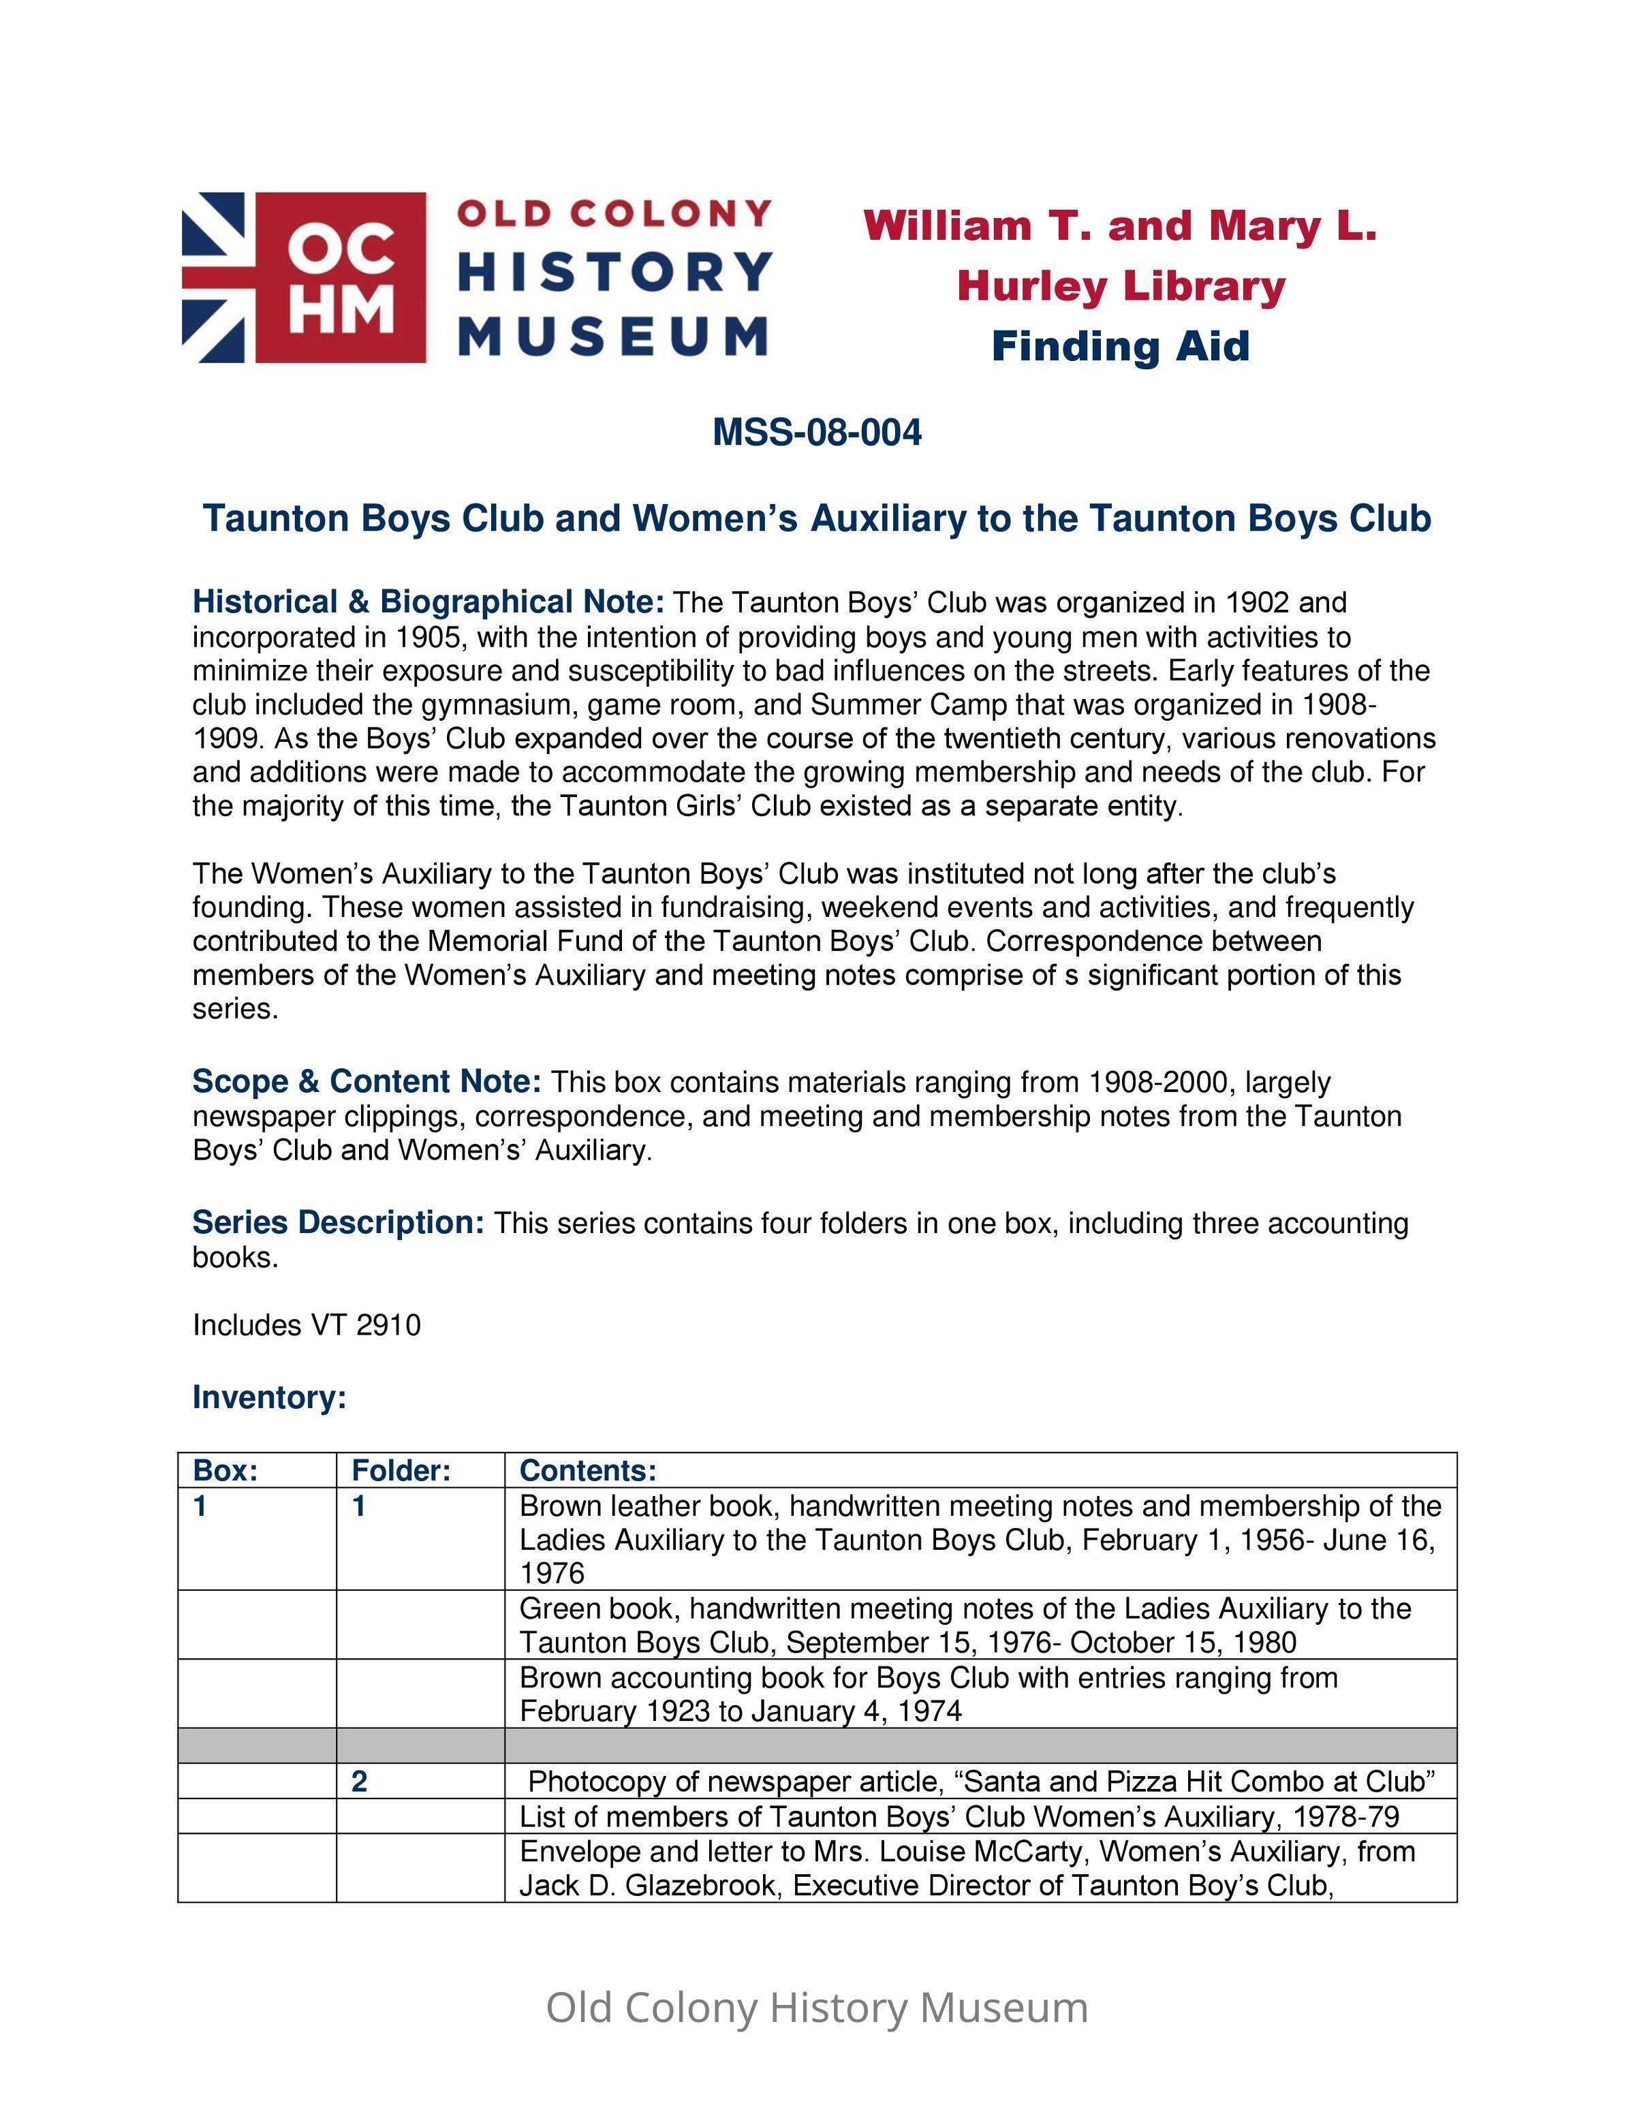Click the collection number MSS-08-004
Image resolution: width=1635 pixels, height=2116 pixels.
pos(817,432)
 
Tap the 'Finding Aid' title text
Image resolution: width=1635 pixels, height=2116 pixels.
pos(1120,347)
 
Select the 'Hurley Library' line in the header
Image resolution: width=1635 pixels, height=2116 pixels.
pos(1121,286)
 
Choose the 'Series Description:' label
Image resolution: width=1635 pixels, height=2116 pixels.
pos(338,1223)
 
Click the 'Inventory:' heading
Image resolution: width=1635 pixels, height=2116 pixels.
pos(269,1397)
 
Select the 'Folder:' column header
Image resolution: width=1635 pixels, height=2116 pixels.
pos(401,1471)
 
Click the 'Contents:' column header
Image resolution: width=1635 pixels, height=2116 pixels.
pos(588,1471)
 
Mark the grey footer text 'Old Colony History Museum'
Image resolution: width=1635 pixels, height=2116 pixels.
pos(817,2008)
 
